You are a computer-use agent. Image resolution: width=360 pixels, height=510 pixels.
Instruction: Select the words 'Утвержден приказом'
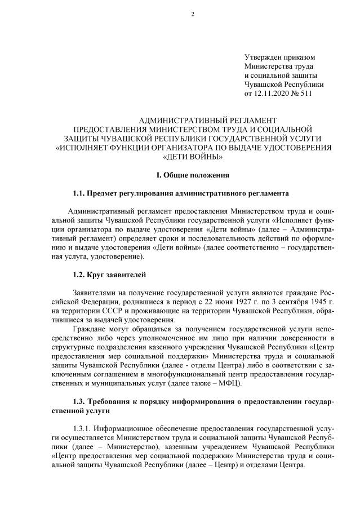(279, 57)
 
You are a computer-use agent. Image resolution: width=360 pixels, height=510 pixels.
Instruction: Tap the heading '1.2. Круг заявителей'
(109, 275)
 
